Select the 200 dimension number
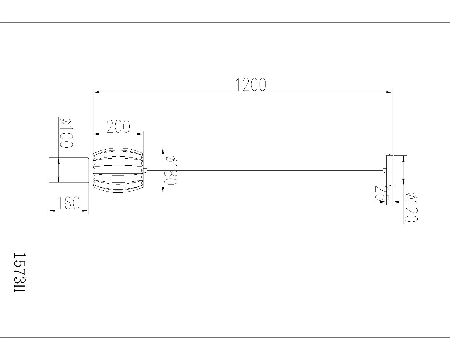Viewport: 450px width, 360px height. tap(118, 127)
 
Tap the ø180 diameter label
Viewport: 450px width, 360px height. tap(171, 170)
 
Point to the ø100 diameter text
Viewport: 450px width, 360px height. tap(66, 132)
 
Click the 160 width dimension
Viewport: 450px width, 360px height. tap(69, 203)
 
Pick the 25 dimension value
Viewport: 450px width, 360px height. tap(379, 194)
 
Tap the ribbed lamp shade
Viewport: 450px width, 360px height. tap(118, 170)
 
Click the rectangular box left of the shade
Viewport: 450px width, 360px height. tap(69, 170)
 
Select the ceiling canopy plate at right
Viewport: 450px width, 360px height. tap(390, 170)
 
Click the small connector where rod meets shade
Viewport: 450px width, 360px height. tap(145, 170)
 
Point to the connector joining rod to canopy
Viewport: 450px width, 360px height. tap(384, 170)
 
